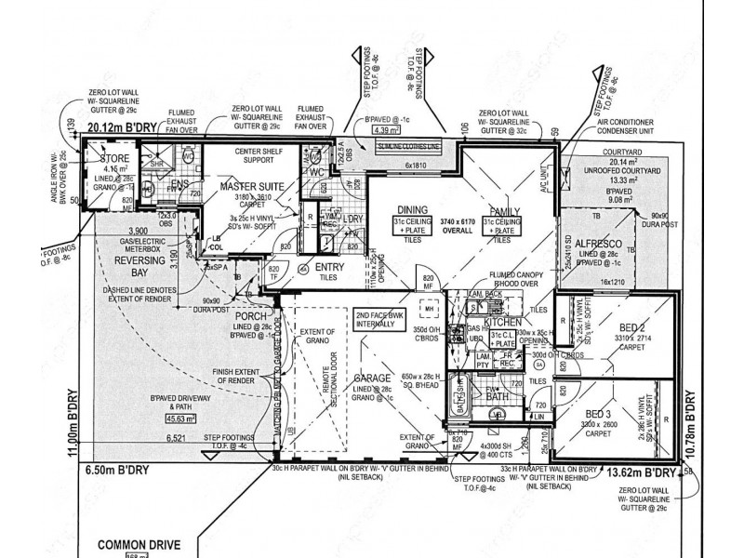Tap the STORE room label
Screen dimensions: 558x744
click(x=115, y=159)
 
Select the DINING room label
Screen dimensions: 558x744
click(x=412, y=210)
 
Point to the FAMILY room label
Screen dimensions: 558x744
click(x=500, y=210)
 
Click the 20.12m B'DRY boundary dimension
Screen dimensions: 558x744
click(x=120, y=126)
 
